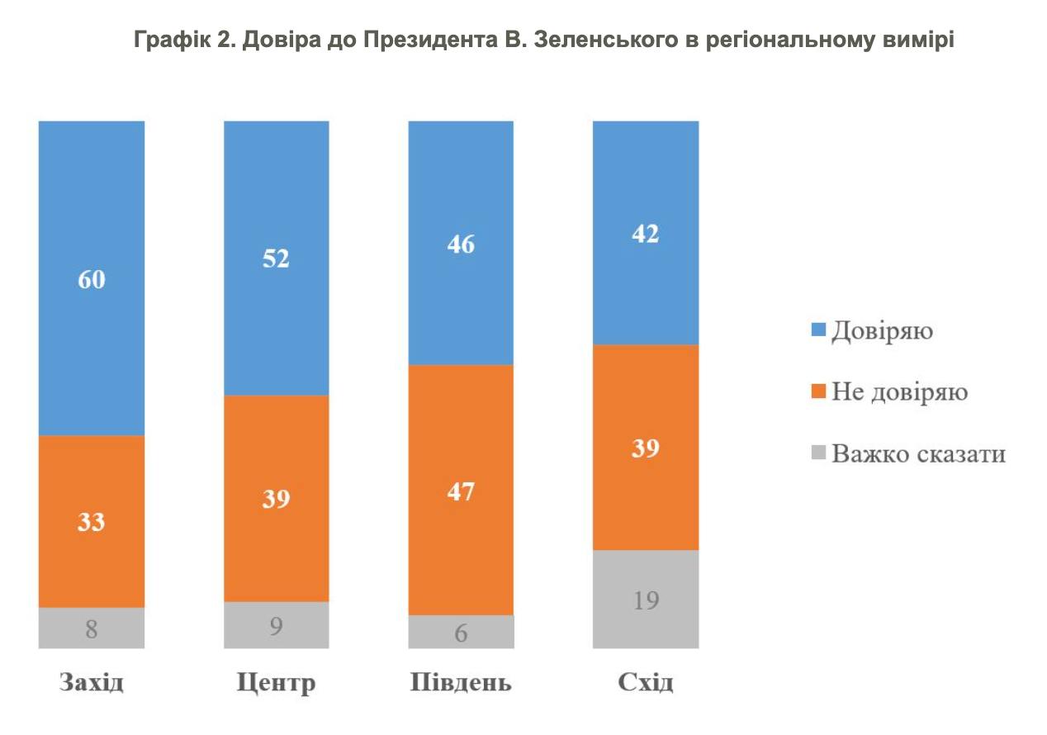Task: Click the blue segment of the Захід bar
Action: point(92,206)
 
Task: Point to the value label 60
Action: point(92,279)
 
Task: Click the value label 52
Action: point(277,258)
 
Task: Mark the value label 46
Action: point(462,244)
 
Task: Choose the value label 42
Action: point(646,234)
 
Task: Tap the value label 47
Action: point(462,492)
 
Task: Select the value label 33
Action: point(92,523)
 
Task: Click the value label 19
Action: point(646,600)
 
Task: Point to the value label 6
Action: point(462,633)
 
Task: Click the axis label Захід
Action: point(92,684)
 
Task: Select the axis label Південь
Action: point(461,684)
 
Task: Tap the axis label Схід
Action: point(646,684)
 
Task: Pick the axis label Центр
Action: point(277,684)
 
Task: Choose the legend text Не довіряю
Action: point(899,392)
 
